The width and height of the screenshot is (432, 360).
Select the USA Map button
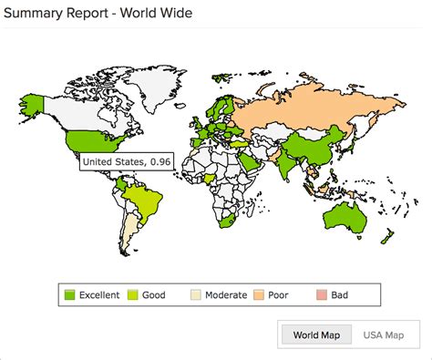click(382, 334)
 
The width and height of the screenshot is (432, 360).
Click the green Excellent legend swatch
click(69, 294)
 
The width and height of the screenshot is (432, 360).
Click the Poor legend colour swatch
click(260, 294)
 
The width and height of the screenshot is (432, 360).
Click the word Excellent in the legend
click(98, 294)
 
